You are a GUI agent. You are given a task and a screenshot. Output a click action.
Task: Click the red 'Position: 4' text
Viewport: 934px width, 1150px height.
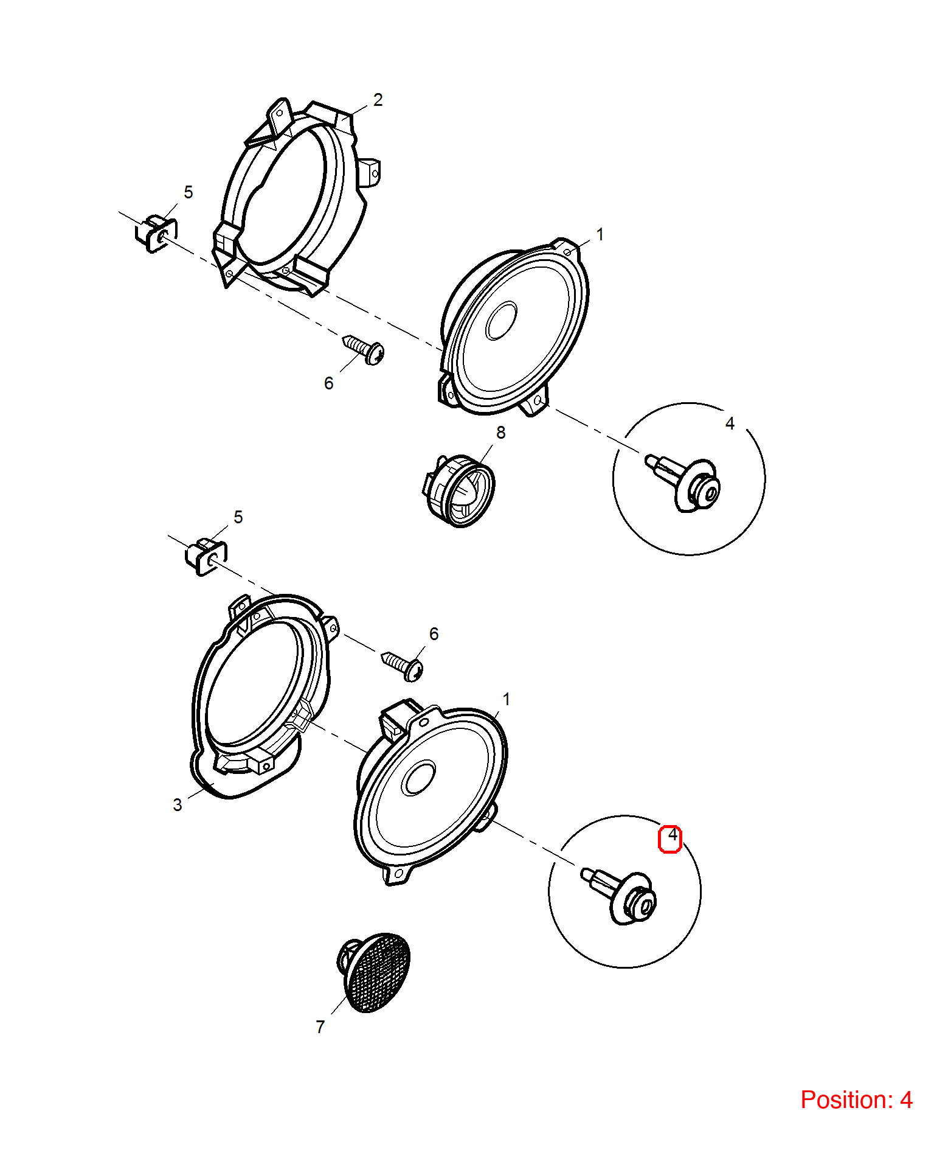(856, 1099)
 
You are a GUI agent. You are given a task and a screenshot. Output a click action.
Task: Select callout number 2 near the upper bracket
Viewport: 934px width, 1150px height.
(378, 100)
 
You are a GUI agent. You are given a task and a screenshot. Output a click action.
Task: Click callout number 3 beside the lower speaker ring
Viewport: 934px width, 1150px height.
(178, 805)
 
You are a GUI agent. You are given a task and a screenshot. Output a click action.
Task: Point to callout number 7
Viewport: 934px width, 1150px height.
(320, 1027)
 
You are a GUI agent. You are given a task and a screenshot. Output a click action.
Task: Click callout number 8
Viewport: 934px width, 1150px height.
(500, 433)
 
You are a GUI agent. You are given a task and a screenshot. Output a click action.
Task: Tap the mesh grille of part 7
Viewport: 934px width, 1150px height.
(378, 972)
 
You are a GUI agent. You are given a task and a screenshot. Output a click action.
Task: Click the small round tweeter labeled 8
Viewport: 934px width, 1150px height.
(459, 490)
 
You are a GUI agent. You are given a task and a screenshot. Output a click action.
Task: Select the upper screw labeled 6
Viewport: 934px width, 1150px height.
(364, 349)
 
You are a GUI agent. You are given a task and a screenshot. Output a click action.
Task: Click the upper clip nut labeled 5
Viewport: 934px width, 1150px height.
(156, 233)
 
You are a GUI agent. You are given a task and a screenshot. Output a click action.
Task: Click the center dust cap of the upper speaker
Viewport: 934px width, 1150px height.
(501, 321)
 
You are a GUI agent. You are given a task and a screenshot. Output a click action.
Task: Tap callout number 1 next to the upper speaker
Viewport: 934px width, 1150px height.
(600, 235)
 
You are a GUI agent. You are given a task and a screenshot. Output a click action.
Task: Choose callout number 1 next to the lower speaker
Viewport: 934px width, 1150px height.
(506, 700)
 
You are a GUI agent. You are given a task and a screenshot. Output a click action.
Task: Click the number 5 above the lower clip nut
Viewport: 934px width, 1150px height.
(238, 517)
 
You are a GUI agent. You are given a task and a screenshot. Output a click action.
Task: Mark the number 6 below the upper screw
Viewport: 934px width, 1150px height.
(329, 383)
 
